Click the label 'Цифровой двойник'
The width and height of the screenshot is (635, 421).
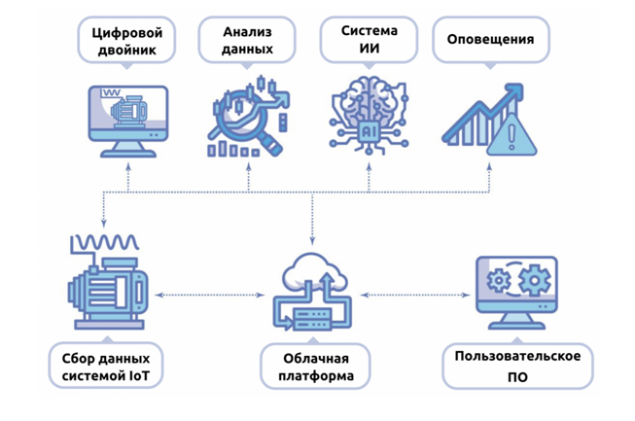point(126,41)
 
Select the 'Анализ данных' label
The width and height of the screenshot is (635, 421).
point(247,40)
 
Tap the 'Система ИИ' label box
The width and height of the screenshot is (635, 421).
point(369,40)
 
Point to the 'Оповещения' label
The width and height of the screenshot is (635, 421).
point(491,40)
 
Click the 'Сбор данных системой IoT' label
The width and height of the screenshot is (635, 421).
point(106,366)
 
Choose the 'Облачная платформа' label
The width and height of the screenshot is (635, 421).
point(315,367)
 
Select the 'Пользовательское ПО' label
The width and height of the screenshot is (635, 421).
point(517,367)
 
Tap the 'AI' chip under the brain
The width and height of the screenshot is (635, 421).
point(368,130)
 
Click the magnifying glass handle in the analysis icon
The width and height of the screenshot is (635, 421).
point(271,145)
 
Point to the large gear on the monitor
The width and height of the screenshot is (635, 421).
point(534,280)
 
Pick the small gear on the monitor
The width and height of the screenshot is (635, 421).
point(499,280)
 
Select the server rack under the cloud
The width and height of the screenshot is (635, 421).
point(312,319)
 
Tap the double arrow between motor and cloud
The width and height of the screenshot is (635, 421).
point(210,296)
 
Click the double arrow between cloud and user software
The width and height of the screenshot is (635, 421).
point(415,296)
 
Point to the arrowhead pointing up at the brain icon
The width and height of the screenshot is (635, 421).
point(369,166)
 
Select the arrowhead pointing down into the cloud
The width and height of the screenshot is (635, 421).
point(312,241)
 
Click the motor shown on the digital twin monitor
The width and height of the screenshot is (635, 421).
point(128,110)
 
